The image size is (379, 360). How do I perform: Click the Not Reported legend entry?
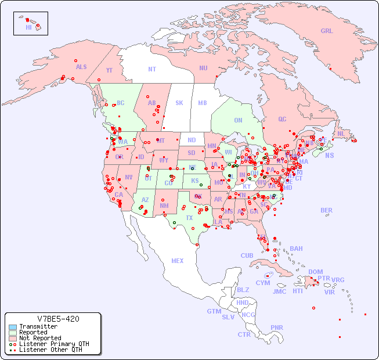pyautogui.click(x=40, y=338)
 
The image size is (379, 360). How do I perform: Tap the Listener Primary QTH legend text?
pyautogui.click(x=54, y=344)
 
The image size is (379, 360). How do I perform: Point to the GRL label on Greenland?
pyautogui.click(x=327, y=31)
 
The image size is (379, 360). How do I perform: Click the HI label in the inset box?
pyautogui.click(x=28, y=27)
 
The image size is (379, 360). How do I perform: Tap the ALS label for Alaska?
pyautogui.click(x=81, y=67)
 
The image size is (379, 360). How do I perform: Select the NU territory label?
pyautogui.click(x=203, y=68)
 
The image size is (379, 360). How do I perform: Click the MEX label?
pyautogui.click(x=178, y=261)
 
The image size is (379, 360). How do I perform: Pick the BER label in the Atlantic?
pyautogui.click(x=327, y=210)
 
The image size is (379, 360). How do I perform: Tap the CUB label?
pyautogui.click(x=247, y=255)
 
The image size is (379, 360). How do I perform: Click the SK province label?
pyautogui.click(x=179, y=103)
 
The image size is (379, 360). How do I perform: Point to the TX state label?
pyautogui.click(x=189, y=218)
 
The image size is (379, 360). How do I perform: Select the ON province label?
pyautogui.click(x=238, y=120)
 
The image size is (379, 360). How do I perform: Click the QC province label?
pyautogui.click(x=282, y=119)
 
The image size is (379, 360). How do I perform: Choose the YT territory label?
pyautogui.click(x=109, y=70)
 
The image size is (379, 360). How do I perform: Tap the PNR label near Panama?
pyautogui.click(x=277, y=327)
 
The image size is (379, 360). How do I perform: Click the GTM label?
pyautogui.click(x=214, y=311)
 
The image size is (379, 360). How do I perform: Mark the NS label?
pyautogui.click(x=329, y=155)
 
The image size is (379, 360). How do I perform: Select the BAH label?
pyautogui.click(x=296, y=249)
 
